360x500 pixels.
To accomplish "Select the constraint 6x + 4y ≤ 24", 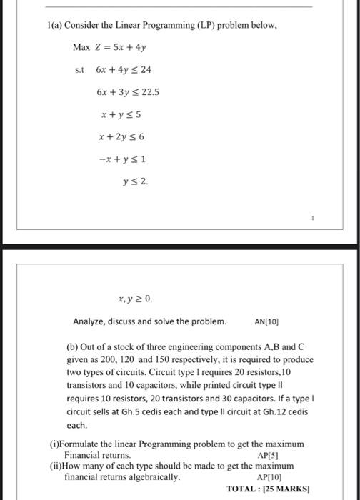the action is (x=123, y=70).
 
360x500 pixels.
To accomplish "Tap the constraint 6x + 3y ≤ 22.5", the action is (x=128, y=92).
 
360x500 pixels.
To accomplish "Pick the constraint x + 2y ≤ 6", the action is (x=124, y=136).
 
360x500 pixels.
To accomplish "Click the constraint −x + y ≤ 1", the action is (x=123, y=159).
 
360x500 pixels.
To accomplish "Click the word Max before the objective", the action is (x=83, y=48).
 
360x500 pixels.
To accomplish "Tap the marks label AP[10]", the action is (x=269, y=476).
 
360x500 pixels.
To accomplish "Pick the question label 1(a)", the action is (x=51, y=25).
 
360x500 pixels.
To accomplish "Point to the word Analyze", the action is (x=91, y=321).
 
